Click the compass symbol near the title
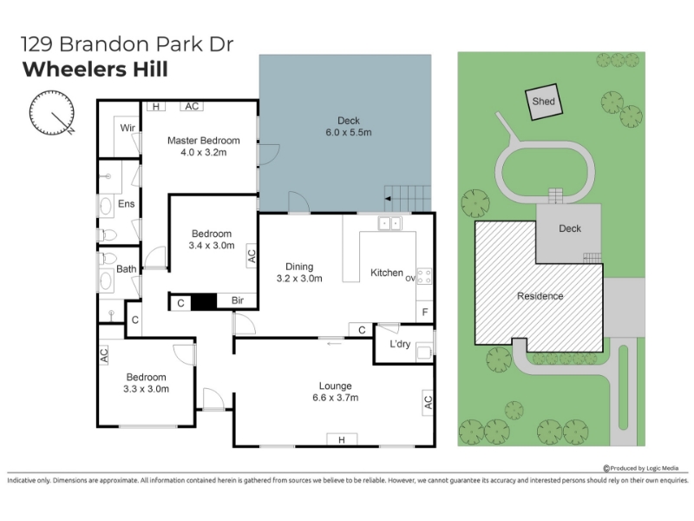[x=52, y=113]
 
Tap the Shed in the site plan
[x=544, y=102]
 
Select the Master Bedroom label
[x=204, y=141]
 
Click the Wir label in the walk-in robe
[x=128, y=128]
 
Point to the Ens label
[x=126, y=204]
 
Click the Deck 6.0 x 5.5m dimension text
[x=349, y=132]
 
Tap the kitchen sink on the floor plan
[x=390, y=223]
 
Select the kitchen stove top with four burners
[x=424, y=276]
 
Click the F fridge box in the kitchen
[x=425, y=313]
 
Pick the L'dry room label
[x=400, y=344]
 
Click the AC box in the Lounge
[x=428, y=402]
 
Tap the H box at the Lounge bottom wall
[x=342, y=439]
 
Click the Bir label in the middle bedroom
[x=238, y=300]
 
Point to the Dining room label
[x=299, y=267]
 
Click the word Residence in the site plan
[x=540, y=296]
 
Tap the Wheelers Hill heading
[x=95, y=69]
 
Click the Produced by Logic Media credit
[x=641, y=468]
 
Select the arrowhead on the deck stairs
[x=388, y=199]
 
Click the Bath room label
[x=126, y=269]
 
